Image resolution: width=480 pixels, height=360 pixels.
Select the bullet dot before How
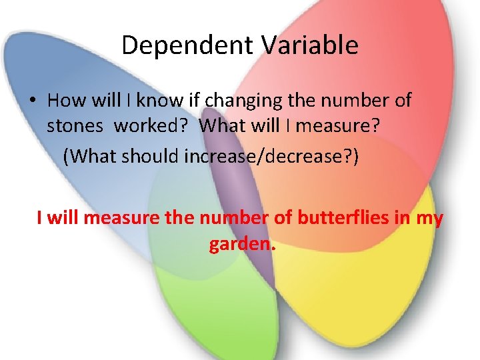pyautogui.click(x=31, y=101)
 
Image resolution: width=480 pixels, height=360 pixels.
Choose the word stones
pyautogui.click(x=74, y=125)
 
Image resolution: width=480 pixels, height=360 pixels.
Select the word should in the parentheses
pyautogui.click(x=153, y=156)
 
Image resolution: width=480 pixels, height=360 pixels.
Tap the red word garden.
pyautogui.click(x=241, y=245)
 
